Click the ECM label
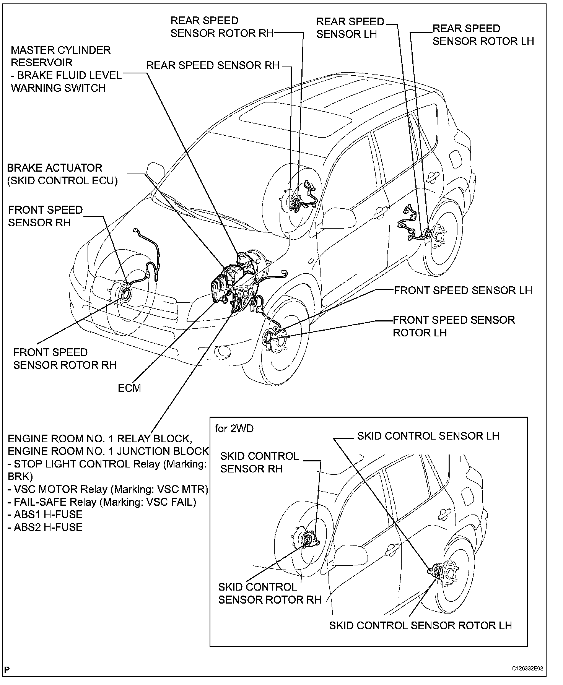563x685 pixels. [129, 388]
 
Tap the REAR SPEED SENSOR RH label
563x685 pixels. [213, 65]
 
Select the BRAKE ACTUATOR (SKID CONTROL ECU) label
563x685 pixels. [62, 174]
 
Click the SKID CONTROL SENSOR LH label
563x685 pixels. [428, 436]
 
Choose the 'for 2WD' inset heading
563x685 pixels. [234, 429]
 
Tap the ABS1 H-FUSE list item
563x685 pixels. [45, 514]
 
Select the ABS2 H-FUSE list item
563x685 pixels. [45, 527]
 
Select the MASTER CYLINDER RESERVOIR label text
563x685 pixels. [60, 56]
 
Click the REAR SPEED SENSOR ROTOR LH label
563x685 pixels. [483, 35]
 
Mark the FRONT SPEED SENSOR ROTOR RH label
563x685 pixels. [65, 359]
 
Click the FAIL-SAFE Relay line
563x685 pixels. [102, 502]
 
